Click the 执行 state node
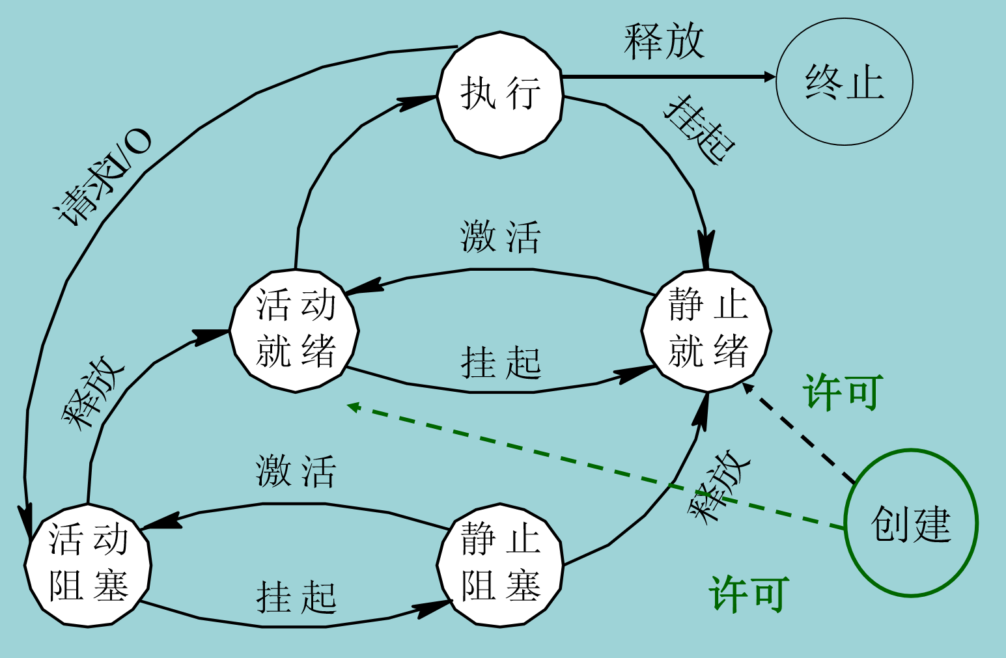(499, 94)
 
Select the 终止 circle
(844, 82)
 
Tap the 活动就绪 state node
(295, 330)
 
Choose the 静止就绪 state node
(707, 330)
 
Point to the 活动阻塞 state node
(89, 564)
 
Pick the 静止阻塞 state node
(499, 564)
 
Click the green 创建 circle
(911, 523)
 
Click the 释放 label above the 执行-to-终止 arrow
(664, 42)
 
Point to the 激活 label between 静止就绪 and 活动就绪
(500, 236)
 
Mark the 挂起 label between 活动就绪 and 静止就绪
(501, 362)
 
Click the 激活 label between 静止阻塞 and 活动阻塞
(296, 471)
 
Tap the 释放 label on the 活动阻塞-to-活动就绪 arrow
(93, 393)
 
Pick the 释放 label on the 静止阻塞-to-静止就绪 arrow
(719, 486)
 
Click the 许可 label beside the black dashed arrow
(843, 392)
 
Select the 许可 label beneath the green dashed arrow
(749, 594)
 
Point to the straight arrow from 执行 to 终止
(667, 77)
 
